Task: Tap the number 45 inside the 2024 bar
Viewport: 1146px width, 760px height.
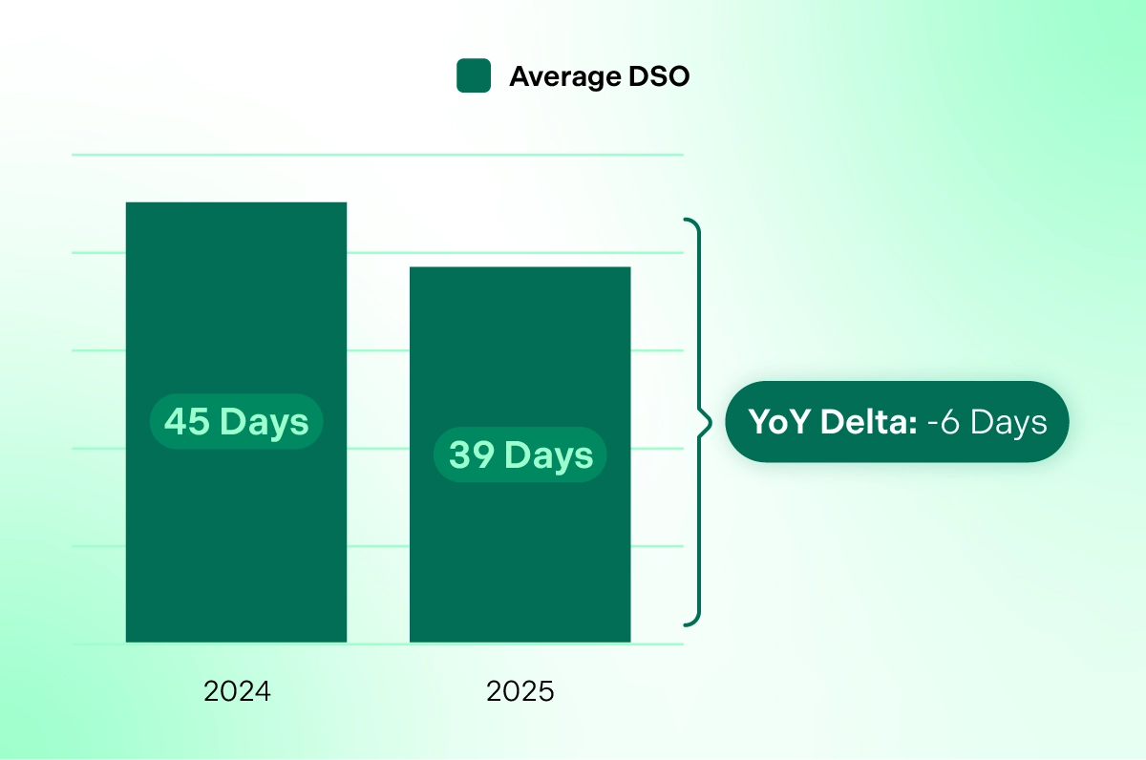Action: (x=186, y=421)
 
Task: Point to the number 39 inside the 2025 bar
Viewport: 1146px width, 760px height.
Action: (x=471, y=455)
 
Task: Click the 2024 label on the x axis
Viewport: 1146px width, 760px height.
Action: (x=237, y=691)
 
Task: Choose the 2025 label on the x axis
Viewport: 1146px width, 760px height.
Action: (x=520, y=691)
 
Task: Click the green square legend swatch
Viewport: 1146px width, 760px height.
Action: (x=474, y=75)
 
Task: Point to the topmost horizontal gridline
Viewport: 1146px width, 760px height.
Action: (x=377, y=154)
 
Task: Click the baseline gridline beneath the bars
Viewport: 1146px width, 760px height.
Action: (x=377, y=644)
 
